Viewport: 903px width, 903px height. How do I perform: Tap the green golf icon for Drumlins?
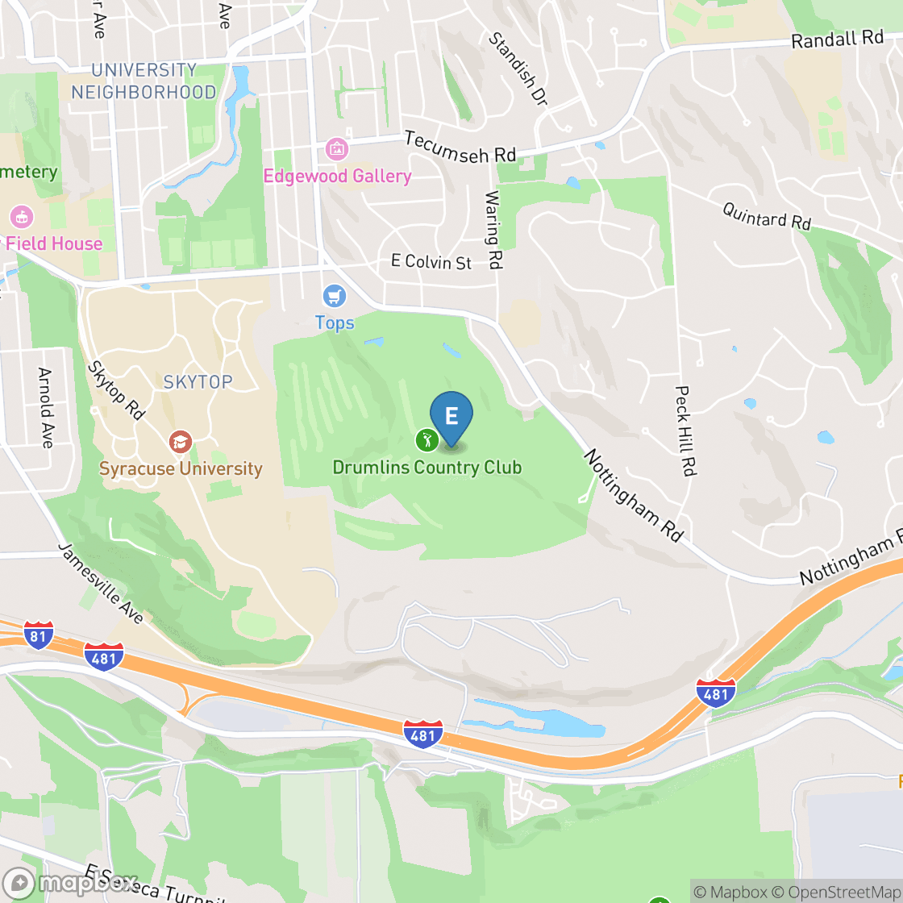[x=427, y=440]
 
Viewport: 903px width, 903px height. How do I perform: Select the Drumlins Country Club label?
[x=427, y=468]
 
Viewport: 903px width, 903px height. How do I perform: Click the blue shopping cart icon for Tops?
[x=334, y=296]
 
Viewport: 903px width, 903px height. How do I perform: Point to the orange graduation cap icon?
[x=181, y=442]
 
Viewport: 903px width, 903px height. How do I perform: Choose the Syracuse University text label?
[x=181, y=468]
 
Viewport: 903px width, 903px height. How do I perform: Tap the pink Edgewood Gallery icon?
[x=336, y=149]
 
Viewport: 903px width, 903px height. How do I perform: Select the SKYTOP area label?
[x=198, y=382]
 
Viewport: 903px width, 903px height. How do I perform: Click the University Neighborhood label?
[x=144, y=81]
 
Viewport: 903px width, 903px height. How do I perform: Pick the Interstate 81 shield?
[x=39, y=635]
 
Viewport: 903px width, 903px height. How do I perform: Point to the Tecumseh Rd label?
[x=460, y=147]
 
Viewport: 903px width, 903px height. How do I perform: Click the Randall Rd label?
[x=838, y=39]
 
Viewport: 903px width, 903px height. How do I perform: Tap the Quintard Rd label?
[x=767, y=216]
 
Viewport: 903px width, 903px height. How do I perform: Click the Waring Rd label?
[x=493, y=230]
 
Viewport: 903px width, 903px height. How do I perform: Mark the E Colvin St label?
[x=431, y=262]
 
